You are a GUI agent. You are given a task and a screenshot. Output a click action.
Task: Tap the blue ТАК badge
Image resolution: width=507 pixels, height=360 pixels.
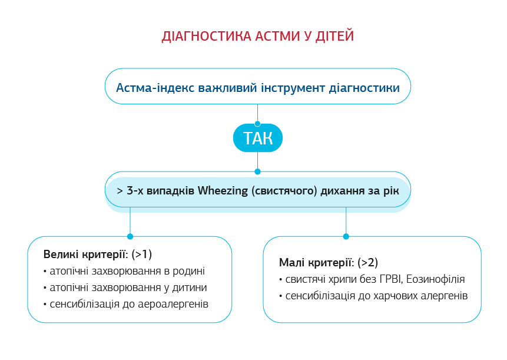coord(258,138)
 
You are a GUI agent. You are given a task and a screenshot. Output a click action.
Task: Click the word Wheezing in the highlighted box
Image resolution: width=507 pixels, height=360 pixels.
coord(223,191)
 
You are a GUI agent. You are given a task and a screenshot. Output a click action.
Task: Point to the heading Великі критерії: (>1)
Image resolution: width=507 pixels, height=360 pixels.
coord(98,255)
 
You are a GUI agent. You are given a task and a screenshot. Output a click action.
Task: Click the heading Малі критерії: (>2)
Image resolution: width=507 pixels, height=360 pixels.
coord(329,263)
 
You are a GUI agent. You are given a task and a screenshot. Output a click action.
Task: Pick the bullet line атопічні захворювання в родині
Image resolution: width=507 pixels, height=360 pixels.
coord(124,271)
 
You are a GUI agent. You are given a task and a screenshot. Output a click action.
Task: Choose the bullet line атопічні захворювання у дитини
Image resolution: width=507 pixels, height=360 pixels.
coord(125,288)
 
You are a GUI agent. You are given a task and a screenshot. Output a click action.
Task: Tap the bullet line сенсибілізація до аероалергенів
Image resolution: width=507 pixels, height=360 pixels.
coord(126,304)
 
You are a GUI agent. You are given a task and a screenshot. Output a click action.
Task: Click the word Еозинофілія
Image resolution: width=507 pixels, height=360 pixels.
coord(436,279)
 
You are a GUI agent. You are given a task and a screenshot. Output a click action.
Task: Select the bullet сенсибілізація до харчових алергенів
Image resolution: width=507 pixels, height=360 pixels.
coord(373,296)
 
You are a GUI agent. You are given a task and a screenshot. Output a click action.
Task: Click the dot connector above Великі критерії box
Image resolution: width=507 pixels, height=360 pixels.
coord(130,236)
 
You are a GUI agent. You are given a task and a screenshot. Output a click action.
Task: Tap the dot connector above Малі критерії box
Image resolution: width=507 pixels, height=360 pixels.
coord(346,236)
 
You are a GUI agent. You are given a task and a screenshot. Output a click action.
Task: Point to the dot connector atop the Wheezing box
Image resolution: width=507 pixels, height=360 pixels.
coord(257,172)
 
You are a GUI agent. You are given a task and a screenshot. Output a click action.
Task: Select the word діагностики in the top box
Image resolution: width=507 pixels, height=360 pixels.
coord(364,88)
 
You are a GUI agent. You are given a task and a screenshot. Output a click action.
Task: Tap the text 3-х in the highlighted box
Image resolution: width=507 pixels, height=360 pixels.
coord(135,191)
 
